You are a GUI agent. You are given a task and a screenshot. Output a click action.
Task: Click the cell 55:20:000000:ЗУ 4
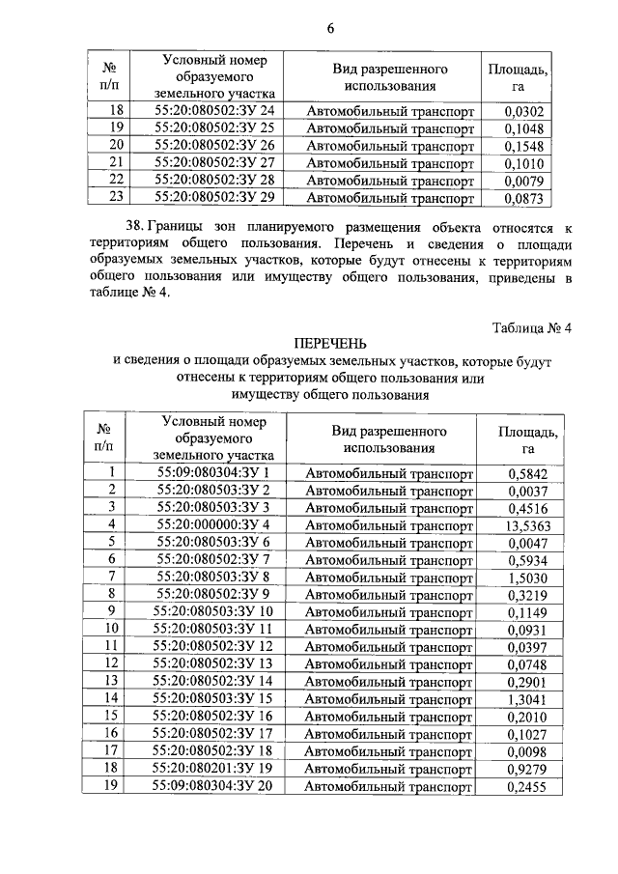click(x=212, y=524)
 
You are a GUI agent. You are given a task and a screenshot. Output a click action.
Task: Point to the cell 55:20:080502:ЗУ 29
click(x=214, y=199)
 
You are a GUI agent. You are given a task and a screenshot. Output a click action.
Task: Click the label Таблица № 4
click(x=532, y=327)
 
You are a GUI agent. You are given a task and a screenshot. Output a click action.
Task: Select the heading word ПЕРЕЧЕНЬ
click(x=331, y=344)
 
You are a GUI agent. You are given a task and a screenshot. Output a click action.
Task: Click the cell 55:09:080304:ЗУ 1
click(x=212, y=472)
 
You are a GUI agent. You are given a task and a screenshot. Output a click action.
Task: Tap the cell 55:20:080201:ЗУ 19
click(x=214, y=769)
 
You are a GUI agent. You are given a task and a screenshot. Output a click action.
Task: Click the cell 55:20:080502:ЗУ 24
click(x=214, y=111)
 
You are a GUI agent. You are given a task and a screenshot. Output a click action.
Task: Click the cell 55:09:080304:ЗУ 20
click(x=214, y=786)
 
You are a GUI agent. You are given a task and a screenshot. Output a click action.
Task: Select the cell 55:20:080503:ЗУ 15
click(x=214, y=698)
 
